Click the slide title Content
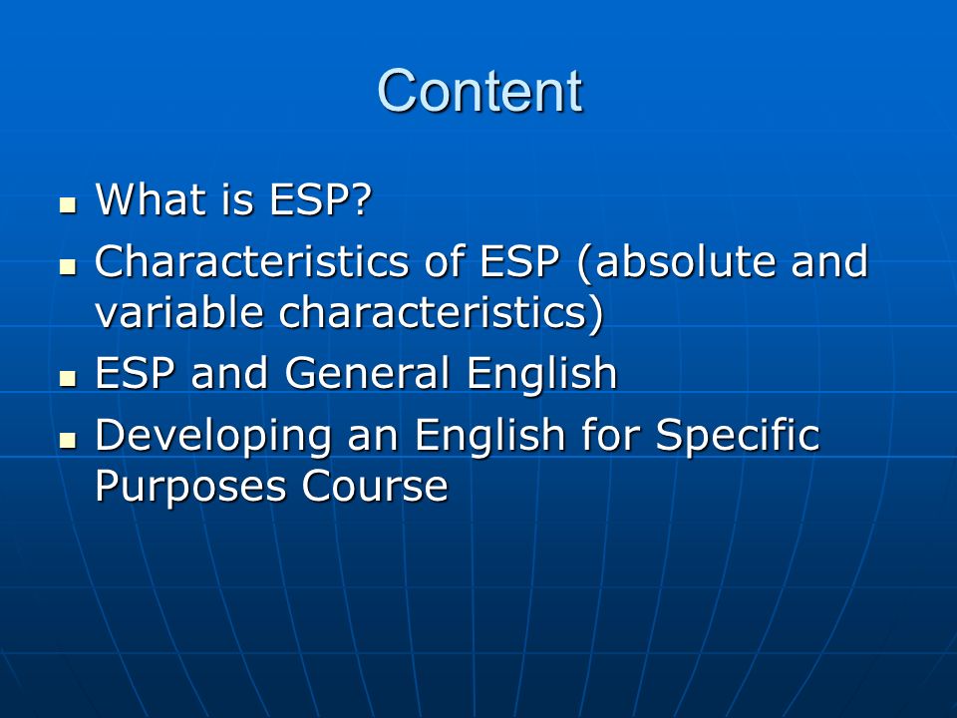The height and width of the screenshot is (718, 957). click(479, 91)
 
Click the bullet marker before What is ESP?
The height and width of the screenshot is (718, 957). click(68, 204)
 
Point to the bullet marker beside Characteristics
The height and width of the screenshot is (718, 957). click(68, 266)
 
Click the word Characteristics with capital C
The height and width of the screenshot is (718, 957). click(251, 261)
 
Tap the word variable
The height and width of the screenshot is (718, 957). click(179, 312)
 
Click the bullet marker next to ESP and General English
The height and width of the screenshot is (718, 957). click(68, 379)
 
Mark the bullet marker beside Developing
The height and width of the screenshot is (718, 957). click(68, 440)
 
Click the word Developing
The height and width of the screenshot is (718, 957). click(213, 437)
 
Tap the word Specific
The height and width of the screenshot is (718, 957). click(738, 437)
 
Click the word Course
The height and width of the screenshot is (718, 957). click(375, 486)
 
